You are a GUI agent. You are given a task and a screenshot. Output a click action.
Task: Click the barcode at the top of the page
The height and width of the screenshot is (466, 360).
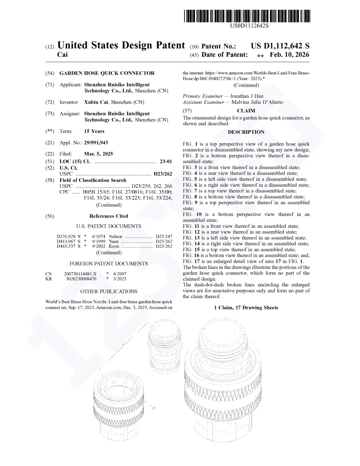click(247, 16)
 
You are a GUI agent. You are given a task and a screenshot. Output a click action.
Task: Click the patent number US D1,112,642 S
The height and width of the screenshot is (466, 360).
click(280, 46)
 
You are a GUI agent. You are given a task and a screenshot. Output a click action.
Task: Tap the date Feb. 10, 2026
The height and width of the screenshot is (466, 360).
click(289, 55)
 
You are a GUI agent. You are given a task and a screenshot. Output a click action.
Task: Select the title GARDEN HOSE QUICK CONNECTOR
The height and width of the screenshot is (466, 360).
click(107, 73)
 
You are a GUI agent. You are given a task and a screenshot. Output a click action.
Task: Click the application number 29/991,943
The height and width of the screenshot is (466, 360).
click(96, 142)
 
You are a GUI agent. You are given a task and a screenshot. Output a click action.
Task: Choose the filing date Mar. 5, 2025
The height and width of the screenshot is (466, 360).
click(98, 154)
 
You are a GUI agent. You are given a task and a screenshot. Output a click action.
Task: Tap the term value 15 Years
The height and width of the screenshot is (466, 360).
click(94, 131)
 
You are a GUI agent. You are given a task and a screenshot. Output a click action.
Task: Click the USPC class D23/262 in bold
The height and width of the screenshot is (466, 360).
click(163, 174)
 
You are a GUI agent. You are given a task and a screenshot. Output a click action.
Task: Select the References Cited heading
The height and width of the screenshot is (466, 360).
click(109, 216)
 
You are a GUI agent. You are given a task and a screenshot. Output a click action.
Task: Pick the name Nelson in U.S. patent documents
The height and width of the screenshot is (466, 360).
click(115, 237)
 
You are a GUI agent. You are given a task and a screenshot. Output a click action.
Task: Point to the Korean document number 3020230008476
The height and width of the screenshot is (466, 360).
click(81, 279)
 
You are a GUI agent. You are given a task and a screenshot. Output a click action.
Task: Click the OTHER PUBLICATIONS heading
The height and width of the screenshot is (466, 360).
click(109, 292)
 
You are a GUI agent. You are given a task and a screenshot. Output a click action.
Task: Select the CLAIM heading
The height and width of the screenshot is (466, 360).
click(246, 111)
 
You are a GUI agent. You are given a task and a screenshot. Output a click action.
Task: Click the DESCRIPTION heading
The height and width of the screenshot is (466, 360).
click(246, 132)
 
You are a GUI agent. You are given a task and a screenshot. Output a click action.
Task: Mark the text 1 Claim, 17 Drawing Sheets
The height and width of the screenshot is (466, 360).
click(246, 308)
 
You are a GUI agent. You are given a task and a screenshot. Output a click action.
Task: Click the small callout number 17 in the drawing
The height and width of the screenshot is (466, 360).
click(154, 408)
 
